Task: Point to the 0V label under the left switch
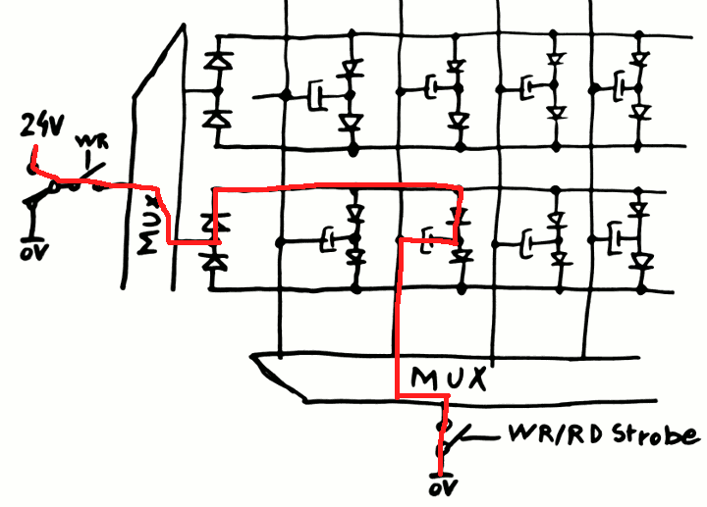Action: pyautogui.click(x=31, y=251)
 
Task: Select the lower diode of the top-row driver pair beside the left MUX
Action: pyautogui.click(x=215, y=119)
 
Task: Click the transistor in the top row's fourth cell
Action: pyautogui.click(x=621, y=89)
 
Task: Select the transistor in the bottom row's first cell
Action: pyautogui.click(x=328, y=238)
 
